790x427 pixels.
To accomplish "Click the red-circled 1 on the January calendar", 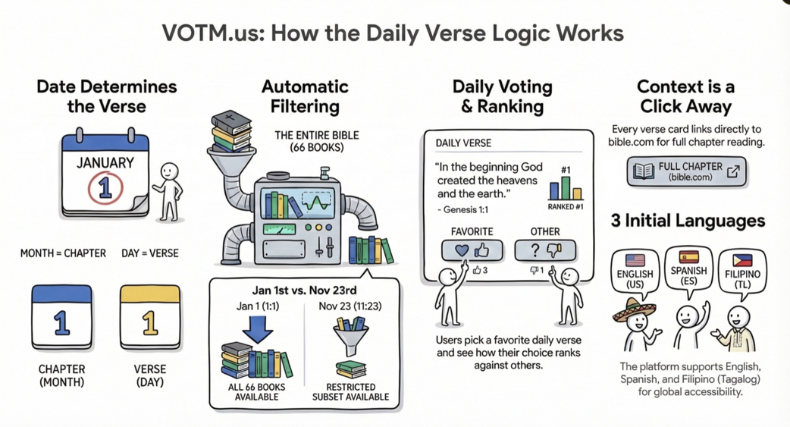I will (105, 189).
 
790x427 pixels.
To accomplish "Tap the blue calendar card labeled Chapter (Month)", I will (61, 317).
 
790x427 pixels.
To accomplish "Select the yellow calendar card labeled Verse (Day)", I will (150, 317).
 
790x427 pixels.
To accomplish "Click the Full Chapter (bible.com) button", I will (686, 172).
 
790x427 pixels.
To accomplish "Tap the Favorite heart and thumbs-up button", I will (472, 250).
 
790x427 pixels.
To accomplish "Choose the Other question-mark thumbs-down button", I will (545, 250).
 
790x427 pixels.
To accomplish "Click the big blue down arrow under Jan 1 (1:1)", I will (258, 328).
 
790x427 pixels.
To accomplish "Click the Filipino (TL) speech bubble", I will (741, 272).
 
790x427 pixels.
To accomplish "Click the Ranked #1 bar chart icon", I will (566, 187).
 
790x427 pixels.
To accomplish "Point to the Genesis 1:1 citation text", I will (462, 209).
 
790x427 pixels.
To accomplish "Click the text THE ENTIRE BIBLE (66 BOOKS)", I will (317, 141).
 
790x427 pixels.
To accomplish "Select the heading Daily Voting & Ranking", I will (502, 96).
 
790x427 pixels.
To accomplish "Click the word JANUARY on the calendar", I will (105, 162).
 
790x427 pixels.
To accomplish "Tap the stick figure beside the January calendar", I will (168, 191).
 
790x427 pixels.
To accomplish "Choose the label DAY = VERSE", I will (150, 253).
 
